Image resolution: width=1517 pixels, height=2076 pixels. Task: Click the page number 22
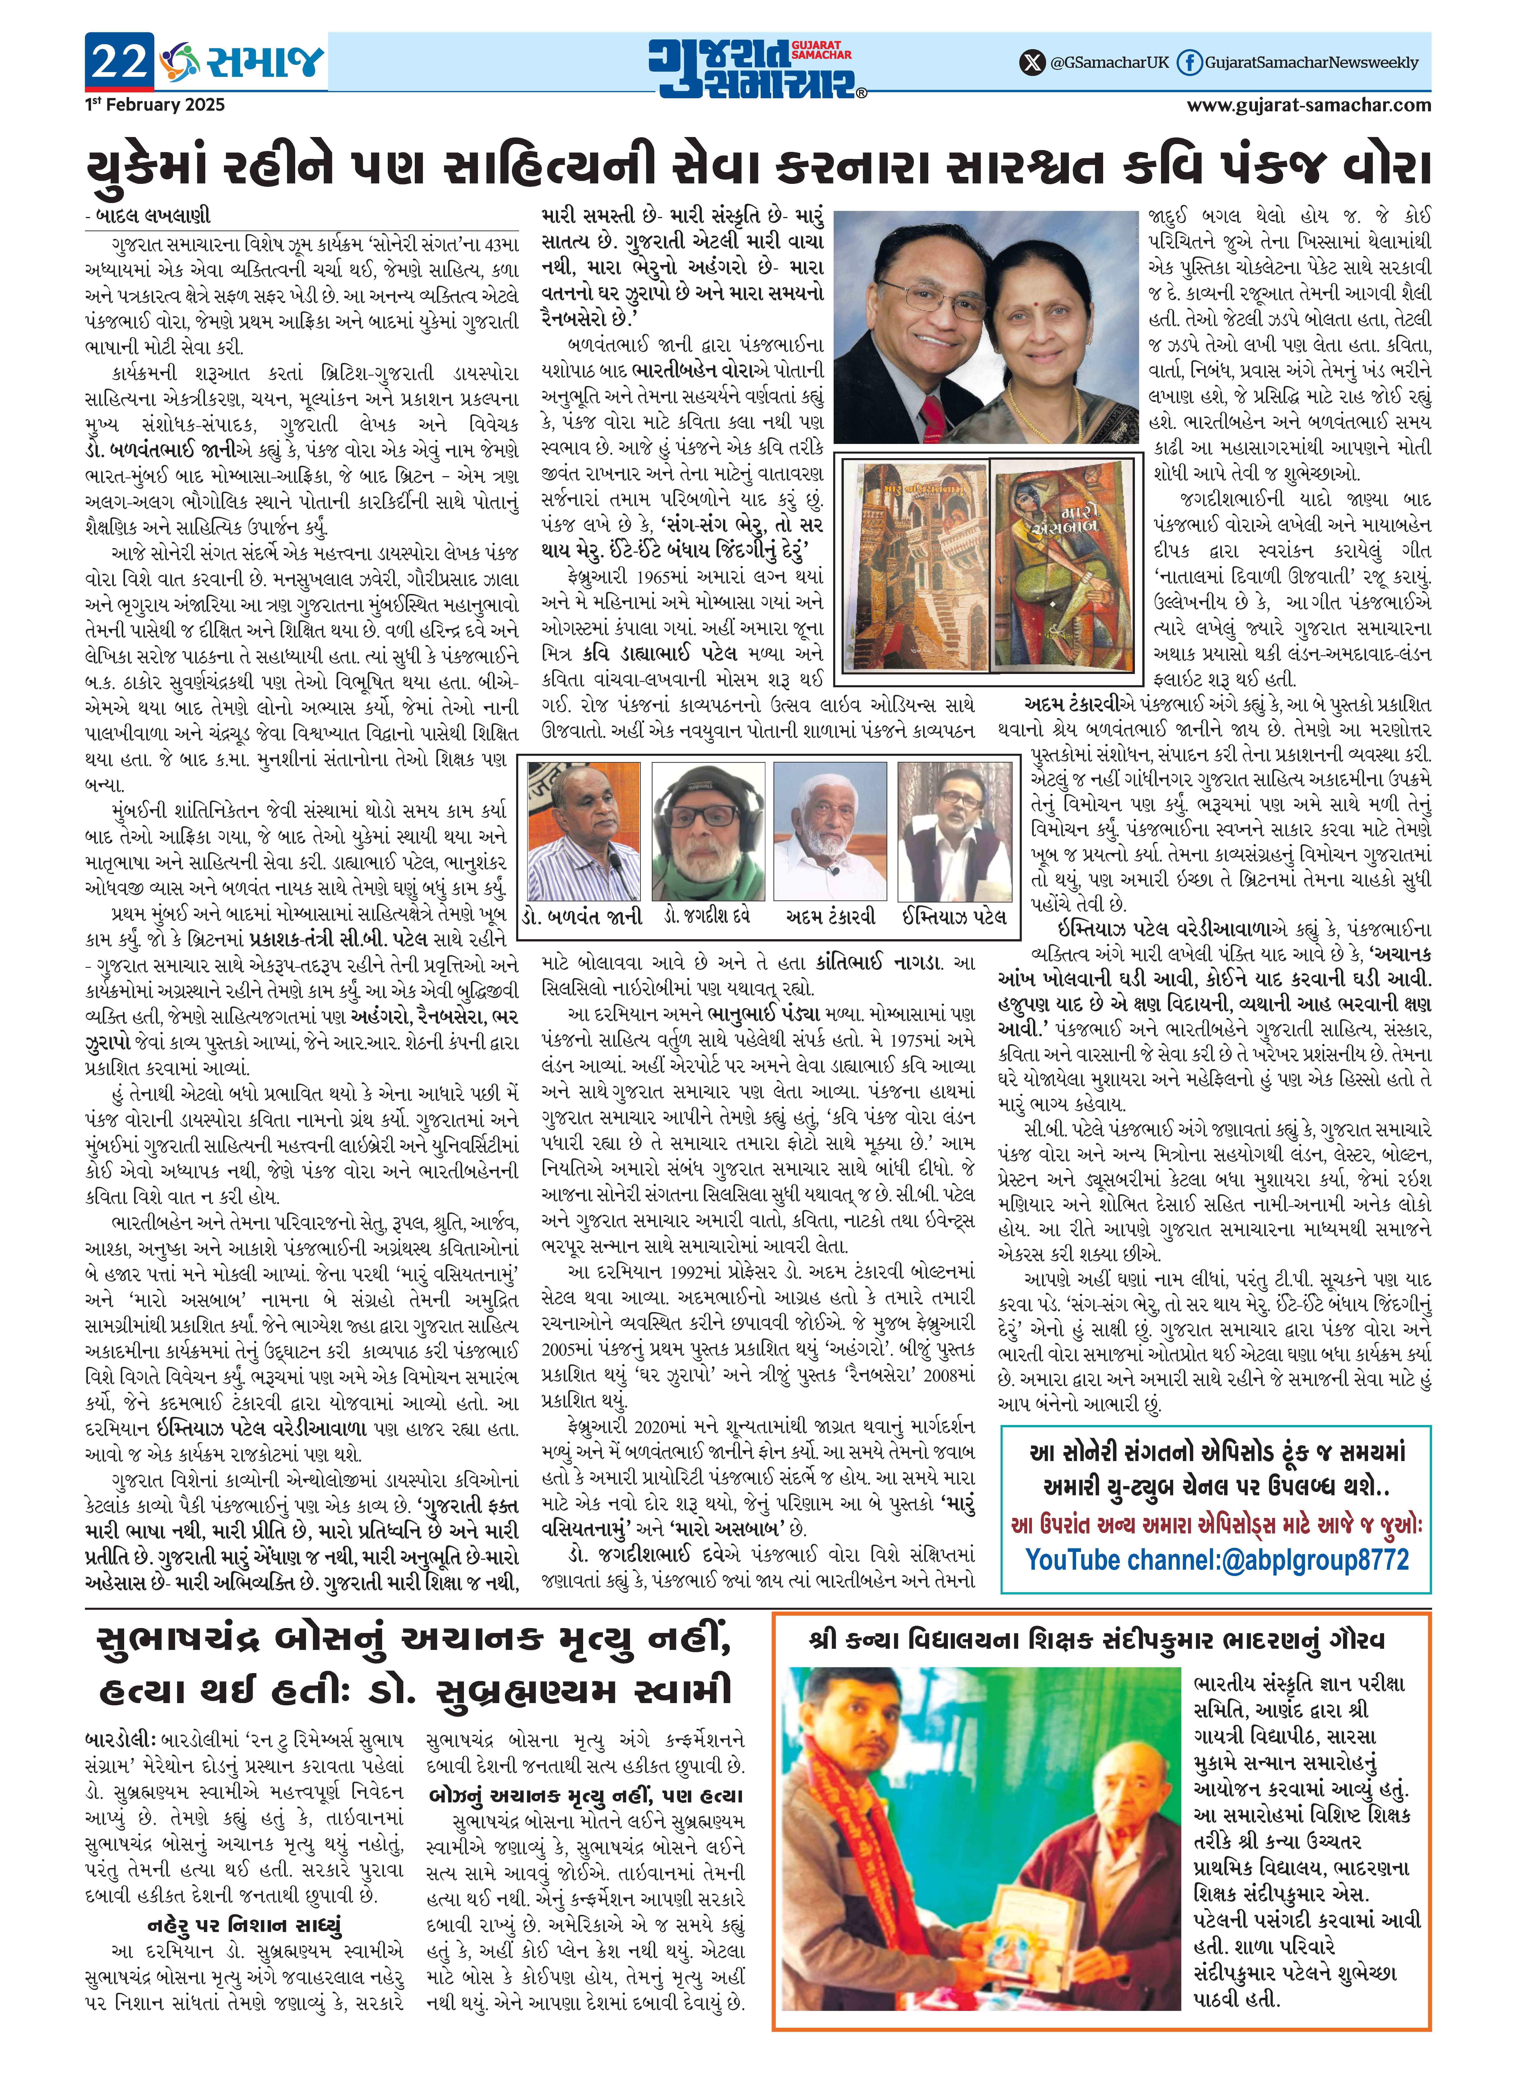click(x=119, y=62)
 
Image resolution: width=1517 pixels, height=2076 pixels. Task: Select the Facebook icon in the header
click(x=1189, y=62)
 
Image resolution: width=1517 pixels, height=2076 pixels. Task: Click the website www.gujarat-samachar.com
click(x=1309, y=105)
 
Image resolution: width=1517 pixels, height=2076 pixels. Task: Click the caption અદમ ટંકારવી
click(x=831, y=916)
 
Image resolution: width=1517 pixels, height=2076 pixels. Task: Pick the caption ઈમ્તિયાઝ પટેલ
click(x=954, y=916)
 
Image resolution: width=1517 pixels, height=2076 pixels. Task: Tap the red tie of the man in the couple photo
click(x=932, y=418)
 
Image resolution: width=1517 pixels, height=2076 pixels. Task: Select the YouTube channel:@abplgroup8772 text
click(x=1217, y=1560)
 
